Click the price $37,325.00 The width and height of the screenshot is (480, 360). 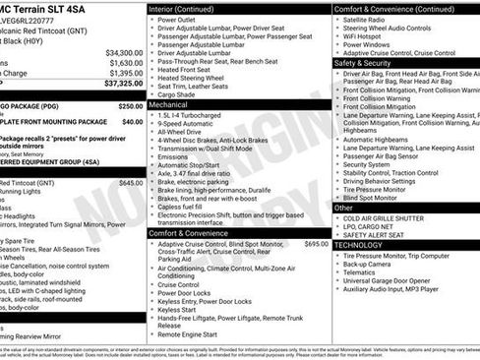tap(123, 85)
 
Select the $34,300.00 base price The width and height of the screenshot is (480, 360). tap(124, 52)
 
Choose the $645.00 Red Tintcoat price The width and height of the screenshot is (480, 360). tap(130, 183)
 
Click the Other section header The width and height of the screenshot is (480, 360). tap(343, 208)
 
